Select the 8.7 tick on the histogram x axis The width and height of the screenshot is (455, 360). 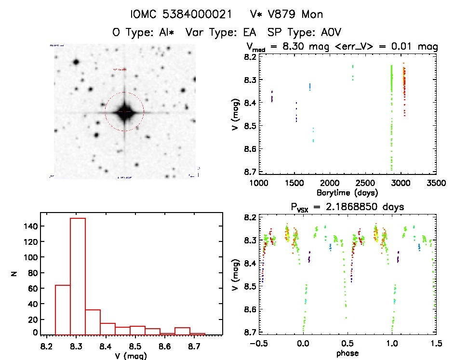point(194,346)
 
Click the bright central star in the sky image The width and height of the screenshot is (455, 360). point(125,111)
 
